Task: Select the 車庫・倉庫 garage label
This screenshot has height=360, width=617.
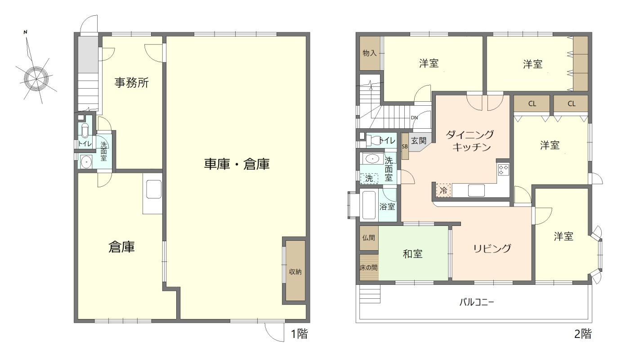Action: click(237, 165)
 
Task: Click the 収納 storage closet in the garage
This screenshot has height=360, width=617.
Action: click(295, 271)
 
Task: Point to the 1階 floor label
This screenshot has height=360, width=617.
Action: click(299, 334)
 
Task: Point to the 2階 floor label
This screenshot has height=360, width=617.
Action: click(583, 334)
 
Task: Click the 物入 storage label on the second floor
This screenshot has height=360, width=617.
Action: click(369, 53)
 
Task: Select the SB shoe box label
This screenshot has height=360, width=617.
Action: click(405, 147)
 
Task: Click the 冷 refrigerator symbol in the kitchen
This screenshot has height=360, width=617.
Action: click(443, 191)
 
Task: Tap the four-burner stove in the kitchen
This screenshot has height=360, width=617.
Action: click(503, 170)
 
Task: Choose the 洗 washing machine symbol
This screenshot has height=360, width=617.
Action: click(369, 178)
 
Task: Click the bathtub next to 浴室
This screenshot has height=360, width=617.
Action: click(369, 206)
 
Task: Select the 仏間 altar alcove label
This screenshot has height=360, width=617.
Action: click(368, 238)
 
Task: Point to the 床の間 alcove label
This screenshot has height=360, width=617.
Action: click(368, 267)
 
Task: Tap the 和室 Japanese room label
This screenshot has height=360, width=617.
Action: click(412, 254)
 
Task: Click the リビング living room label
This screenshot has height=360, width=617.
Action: click(492, 248)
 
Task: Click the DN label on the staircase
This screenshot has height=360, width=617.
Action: click(415, 118)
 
